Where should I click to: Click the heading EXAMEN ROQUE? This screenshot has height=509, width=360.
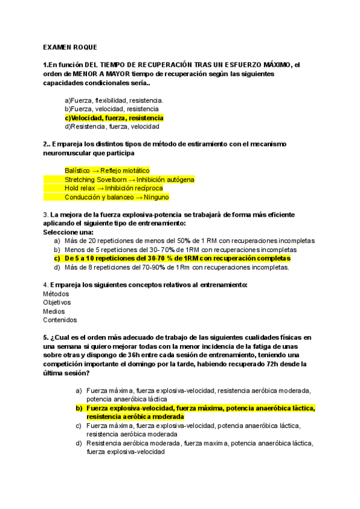[70, 47]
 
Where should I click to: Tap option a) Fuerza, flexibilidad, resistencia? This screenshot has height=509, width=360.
[114, 100]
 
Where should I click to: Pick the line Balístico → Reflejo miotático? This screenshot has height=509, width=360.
[107, 170]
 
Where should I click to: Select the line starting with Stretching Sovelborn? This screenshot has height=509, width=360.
[129, 179]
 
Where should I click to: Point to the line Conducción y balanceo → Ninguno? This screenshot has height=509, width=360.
[116, 197]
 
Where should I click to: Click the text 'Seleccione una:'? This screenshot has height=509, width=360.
[68, 232]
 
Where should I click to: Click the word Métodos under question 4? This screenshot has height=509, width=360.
[56, 294]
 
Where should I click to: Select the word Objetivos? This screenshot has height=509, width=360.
[57, 303]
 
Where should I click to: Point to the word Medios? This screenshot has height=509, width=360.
[54, 312]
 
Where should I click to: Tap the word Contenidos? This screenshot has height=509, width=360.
[60, 320]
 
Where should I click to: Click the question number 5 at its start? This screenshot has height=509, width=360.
[46, 338]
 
